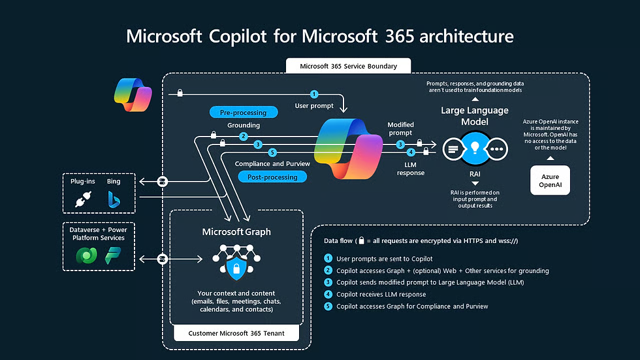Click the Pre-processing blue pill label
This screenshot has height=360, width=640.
[x=243, y=112]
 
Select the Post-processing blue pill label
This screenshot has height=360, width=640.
[x=272, y=177]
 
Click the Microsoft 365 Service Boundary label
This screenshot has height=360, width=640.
[x=340, y=66]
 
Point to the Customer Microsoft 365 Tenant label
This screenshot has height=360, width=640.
[x=236, y=334]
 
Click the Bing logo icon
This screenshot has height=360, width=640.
[x=114, y=199]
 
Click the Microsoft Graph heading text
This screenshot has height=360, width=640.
[x=236, y=232]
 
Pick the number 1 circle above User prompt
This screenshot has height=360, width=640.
[x=314, y=95]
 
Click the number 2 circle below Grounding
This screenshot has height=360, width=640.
[x=243, y=137]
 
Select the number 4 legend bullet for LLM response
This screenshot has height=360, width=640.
[x=328, y=294]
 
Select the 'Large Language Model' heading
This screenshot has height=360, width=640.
[x=474, y=116]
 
